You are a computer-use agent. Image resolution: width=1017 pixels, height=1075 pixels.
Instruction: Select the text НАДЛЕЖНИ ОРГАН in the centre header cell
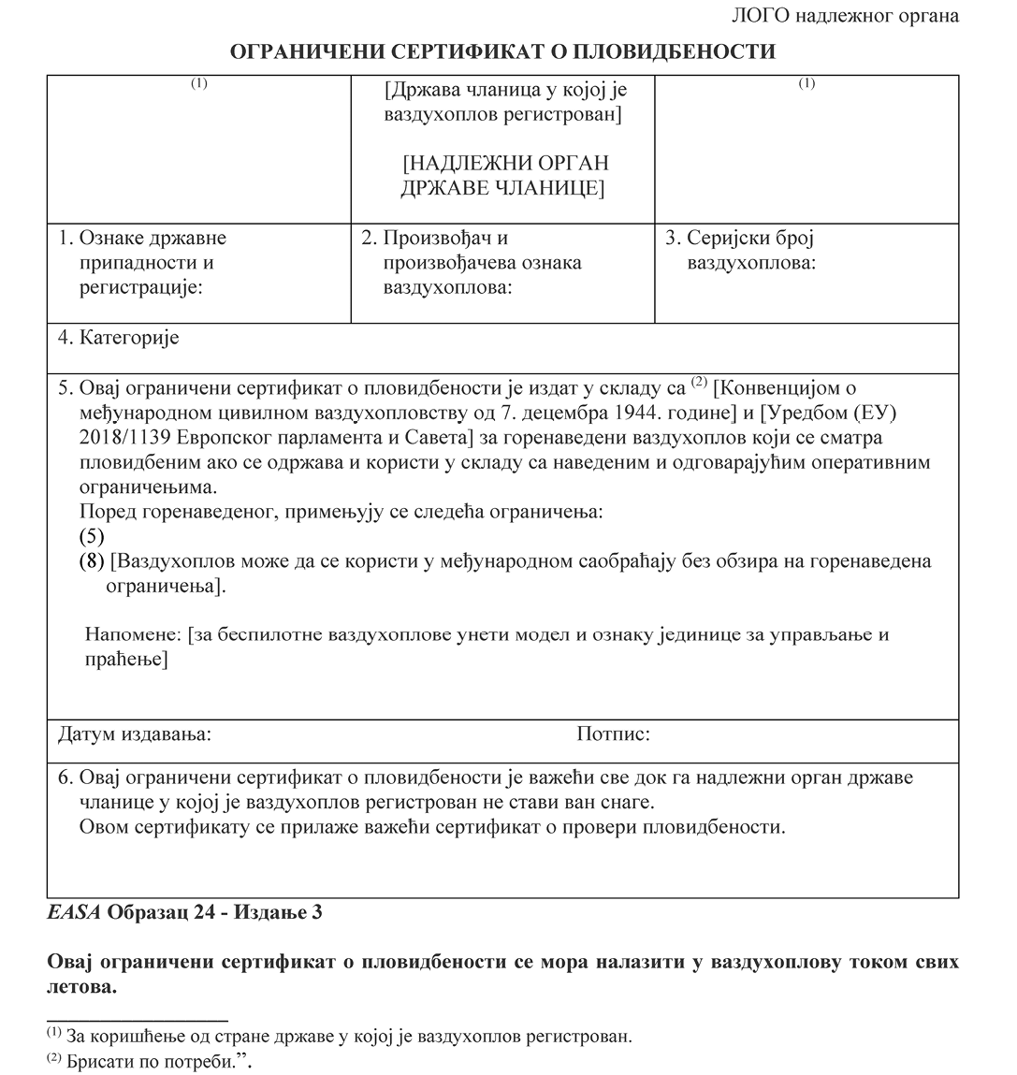click(x=505, y=164)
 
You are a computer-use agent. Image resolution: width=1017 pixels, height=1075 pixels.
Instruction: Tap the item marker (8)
click(x=91, y=562)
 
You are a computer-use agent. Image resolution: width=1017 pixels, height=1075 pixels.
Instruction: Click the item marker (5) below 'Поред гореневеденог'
click(x=91, y=537)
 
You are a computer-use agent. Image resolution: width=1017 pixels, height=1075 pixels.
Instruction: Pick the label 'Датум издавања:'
click(x=135, y=734)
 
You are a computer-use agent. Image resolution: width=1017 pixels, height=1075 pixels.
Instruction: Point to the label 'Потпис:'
click(x=613, y=734)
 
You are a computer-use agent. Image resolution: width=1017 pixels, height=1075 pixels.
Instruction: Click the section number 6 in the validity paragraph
click(x=64, y=777)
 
